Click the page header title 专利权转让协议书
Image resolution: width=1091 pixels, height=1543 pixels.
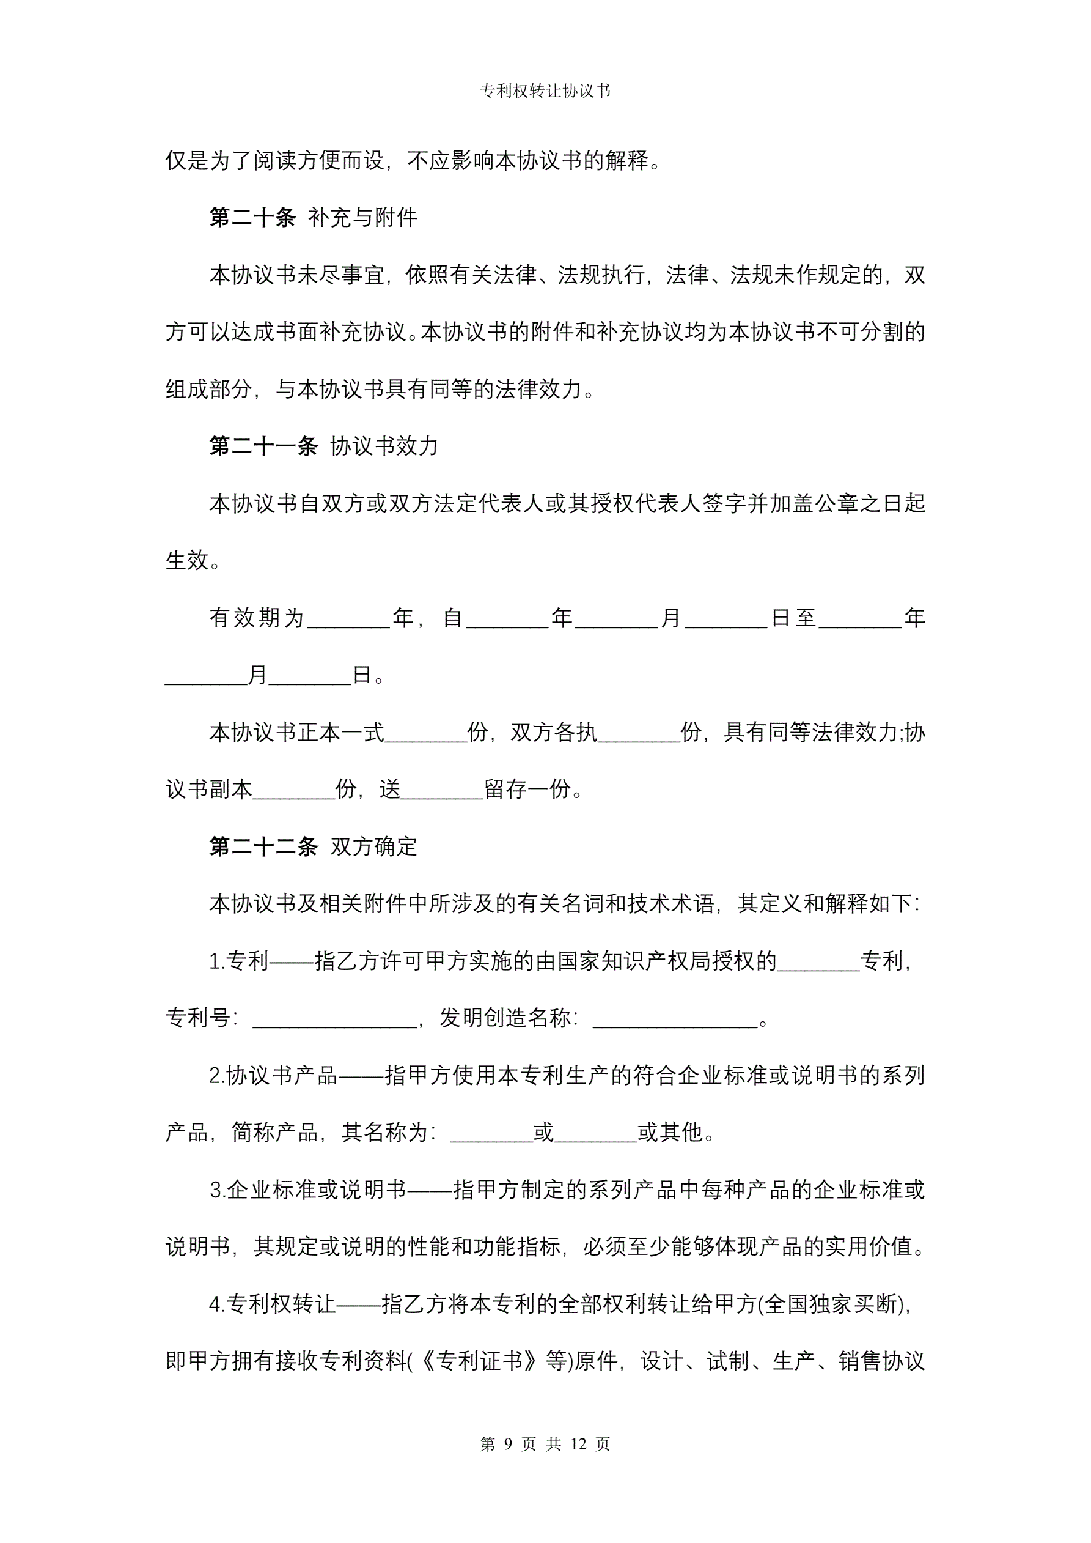(x=545, y=91)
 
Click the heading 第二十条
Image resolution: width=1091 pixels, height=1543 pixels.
(x=252, y=218)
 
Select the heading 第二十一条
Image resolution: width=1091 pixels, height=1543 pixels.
(x=263, y=446)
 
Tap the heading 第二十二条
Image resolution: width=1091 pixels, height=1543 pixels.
(x=263, y=847)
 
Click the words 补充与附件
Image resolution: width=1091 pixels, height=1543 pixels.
(x=363, y=218)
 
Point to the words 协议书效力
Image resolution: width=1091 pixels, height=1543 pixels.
(x=384, y=446)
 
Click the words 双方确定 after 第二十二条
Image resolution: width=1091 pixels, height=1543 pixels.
(x=373, y=847)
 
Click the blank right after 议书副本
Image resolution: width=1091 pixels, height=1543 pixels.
(x=293, y=790)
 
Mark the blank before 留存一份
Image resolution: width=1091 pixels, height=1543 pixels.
(x=441, y=790)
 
